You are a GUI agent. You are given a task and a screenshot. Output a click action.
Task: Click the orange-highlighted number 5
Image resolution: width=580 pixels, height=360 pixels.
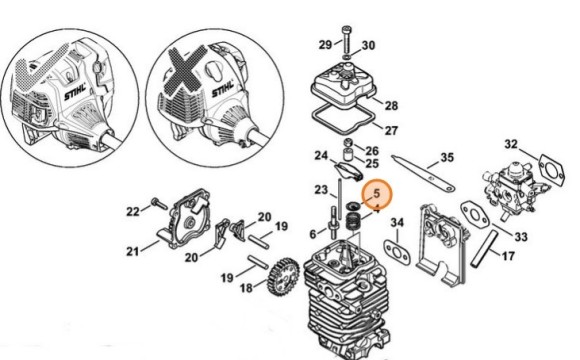377,193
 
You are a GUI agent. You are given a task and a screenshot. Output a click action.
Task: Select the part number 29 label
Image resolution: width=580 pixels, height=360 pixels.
326,45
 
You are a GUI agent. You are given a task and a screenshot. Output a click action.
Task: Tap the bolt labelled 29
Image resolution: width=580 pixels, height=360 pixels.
346,39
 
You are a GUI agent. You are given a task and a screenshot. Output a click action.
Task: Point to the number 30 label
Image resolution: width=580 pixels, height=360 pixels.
368,45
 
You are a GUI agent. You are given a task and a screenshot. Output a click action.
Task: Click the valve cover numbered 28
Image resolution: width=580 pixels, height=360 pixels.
343,86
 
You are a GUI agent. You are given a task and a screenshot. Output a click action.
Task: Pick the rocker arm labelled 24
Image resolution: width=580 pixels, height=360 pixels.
348,171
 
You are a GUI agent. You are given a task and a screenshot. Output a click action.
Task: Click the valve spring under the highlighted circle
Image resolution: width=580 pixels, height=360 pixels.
353,222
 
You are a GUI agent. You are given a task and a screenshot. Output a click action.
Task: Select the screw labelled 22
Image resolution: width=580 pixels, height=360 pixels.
159,203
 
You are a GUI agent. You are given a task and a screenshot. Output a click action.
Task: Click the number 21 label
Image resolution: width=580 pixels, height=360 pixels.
133,252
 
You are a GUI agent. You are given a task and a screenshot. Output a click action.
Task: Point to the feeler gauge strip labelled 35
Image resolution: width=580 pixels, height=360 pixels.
423,174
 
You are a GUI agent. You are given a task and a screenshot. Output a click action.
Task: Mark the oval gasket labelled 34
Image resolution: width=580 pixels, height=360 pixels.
397,252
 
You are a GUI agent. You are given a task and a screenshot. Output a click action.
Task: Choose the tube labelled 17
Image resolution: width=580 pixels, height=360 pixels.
485,248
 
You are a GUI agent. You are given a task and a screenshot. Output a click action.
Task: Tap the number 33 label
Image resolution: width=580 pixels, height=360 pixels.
521,236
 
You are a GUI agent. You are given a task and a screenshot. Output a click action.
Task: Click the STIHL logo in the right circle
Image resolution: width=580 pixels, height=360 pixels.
223,90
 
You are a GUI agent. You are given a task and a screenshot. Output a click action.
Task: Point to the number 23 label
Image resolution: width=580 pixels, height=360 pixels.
321,190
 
